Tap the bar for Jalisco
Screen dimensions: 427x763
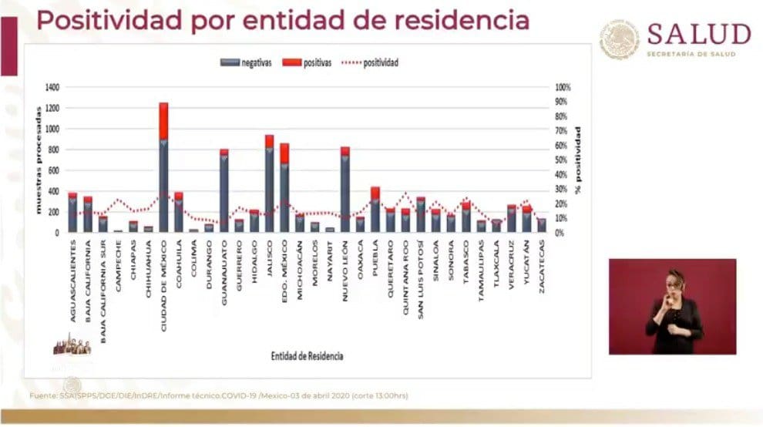click(x=269, y=185)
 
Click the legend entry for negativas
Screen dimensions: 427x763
click(x=240, y=62)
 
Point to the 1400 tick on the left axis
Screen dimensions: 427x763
click(x=52, y=87)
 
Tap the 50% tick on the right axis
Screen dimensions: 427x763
click(x=562, y=160)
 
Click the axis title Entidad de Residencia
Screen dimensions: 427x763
click(x=307, y=356)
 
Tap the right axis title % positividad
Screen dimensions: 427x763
click(x=577, y=160)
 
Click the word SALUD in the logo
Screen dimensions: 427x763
click(x=698, y=34)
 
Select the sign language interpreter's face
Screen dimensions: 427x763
click(x=674, y=283)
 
